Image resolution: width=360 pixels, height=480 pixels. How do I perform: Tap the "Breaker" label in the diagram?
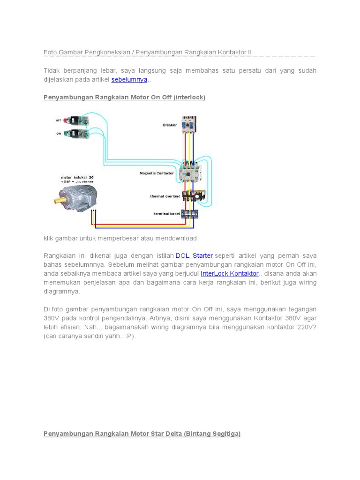170,125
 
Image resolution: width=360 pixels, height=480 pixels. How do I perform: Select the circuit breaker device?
189,124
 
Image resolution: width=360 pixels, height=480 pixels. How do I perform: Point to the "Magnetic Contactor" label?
157,173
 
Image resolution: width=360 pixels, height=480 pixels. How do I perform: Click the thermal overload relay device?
193,196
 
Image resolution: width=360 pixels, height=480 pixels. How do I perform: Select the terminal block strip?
189,214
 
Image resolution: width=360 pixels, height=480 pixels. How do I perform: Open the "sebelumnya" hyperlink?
129,80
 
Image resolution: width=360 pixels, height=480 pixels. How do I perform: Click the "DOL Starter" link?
194,255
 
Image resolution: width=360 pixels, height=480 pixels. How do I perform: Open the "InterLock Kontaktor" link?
229,273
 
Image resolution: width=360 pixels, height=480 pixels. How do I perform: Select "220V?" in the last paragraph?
307,327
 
